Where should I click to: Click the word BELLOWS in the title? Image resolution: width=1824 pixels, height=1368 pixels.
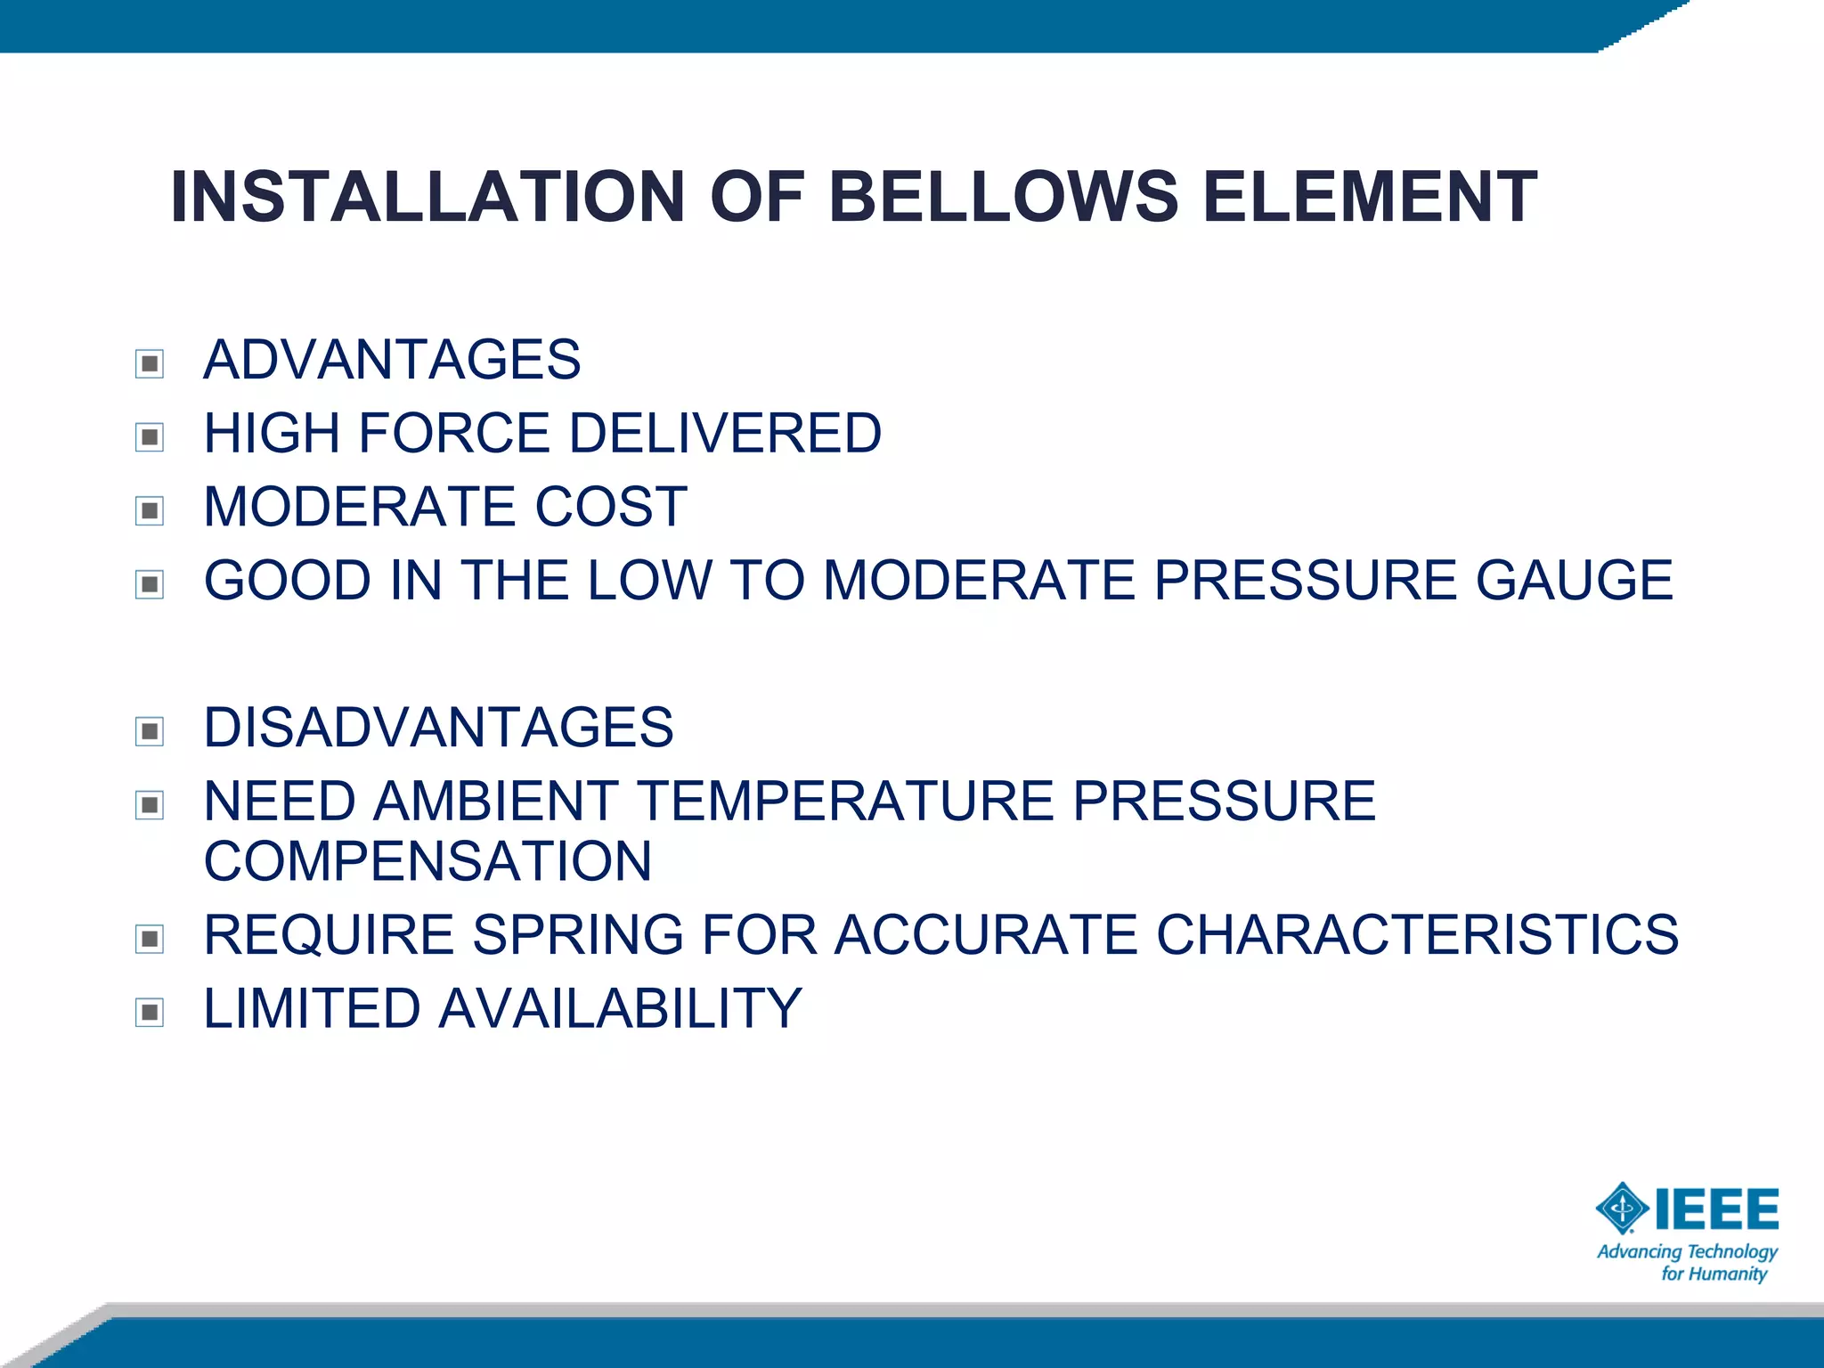[x=1004, y=197]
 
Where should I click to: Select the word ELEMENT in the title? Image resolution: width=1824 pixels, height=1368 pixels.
[x=1370, y=197]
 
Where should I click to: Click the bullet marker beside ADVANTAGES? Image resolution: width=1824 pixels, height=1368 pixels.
[x=150, y=363]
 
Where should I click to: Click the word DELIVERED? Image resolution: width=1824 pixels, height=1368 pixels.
[x=725, y=434]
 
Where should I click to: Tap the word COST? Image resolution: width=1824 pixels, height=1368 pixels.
[x=611, y=507]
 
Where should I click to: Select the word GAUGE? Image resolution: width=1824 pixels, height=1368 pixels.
[x=1575, y=581]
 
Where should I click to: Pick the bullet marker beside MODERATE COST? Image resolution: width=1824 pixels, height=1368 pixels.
[x=150, y=510]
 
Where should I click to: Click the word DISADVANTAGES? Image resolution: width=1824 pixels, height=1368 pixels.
[x=438, y=728]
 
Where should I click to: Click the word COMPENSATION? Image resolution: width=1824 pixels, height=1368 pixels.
[x=427, y=861]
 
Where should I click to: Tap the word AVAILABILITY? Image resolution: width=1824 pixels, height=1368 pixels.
[x=620, y=1008]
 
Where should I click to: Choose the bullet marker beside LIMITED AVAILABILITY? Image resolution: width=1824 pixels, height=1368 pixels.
[x=150, y=1013]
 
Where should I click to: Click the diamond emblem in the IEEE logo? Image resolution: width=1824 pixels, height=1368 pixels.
[x=1622, y=1209]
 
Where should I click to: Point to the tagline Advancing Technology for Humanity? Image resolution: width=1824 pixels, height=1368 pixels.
[x=1688, y=1263]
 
